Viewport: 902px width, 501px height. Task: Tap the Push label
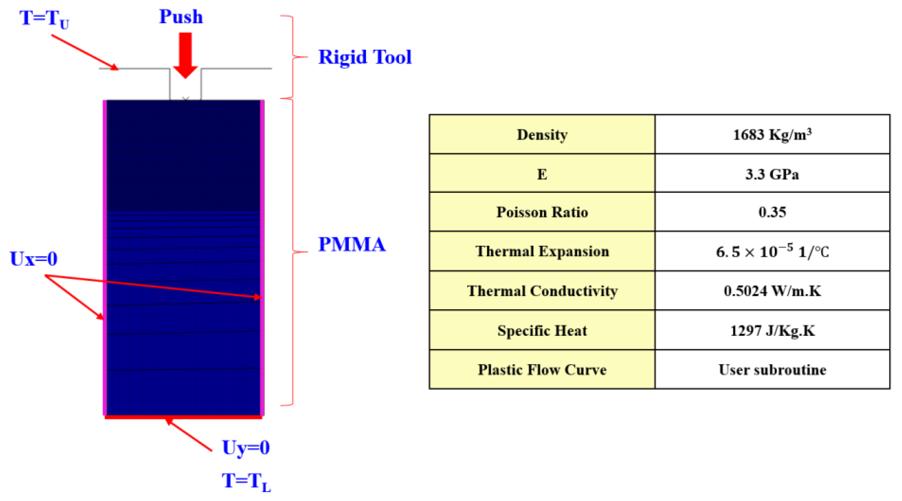[x=181, y=17]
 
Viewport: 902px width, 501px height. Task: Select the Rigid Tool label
[x=364, y=57]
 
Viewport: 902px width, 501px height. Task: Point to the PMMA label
[x=352, y=244]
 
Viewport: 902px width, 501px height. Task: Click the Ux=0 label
[x=34, y=259]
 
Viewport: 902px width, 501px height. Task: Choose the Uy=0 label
[x=246, y=447]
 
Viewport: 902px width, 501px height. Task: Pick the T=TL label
[x=246, y=481]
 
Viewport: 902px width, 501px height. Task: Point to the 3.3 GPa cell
[x=772, y=174]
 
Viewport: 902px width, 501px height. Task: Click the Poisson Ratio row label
[x=542, y=212]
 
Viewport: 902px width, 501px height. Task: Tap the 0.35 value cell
[x=772, y=212]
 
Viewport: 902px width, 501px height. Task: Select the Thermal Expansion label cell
[x=542, y=251]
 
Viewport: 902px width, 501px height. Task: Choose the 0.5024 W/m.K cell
[x=772, y=291]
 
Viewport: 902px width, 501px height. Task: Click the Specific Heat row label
[x=542, y=331]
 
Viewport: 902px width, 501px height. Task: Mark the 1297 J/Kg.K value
[x=772, y=331]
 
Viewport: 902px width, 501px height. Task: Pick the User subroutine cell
[x=772, y=370]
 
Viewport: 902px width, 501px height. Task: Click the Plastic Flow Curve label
[x=542, y=370]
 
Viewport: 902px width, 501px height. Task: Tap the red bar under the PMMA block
[x=183, y=417]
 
